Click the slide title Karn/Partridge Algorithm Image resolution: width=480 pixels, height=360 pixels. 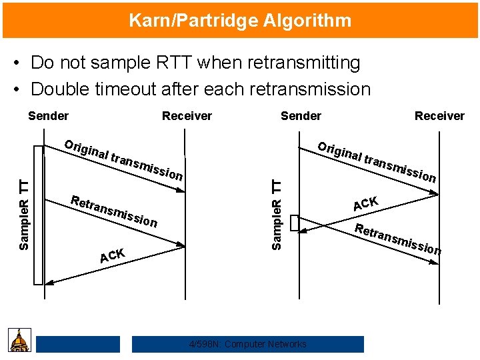240,20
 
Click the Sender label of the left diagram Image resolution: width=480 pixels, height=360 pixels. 48,116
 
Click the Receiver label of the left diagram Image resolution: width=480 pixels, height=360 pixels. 187,116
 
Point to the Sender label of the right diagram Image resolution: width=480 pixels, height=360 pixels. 301,116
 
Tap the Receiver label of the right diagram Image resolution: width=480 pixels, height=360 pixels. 439,116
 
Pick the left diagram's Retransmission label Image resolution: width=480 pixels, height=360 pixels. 113,211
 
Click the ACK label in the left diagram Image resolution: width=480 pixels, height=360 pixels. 112,255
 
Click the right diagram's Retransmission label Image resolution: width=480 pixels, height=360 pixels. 397,239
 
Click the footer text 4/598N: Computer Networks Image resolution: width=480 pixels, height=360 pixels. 248,344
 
